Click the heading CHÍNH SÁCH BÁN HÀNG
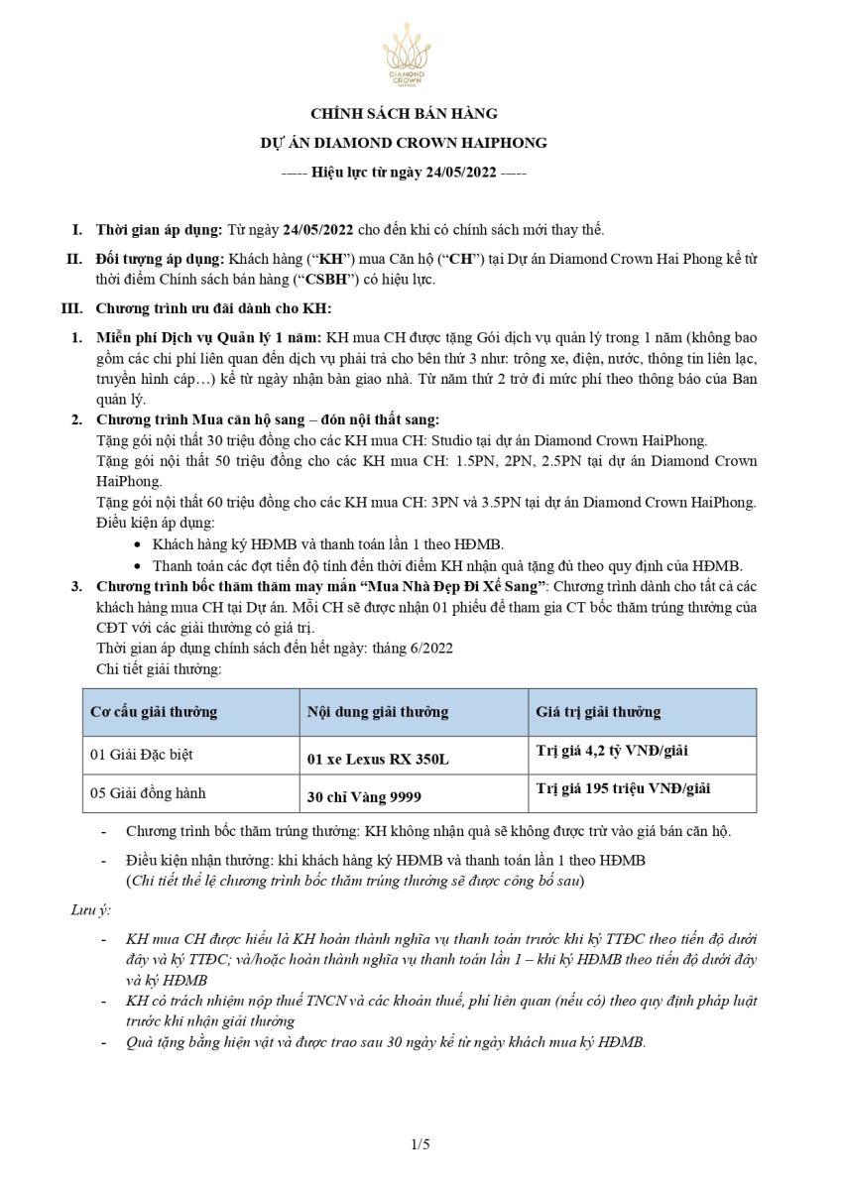click(404, 114)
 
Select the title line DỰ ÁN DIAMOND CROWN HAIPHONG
click(404, 143)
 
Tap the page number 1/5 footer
click(420, 1144)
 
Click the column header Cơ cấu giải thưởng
click(154, 712)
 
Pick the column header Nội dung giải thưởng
click(378, 712)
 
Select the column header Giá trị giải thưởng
click(598, 712)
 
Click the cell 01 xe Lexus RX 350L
click(378, 760)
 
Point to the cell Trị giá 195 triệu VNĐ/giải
click(623, 788)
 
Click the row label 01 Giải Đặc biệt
click(142, 755)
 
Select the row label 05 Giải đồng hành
click(149, 792)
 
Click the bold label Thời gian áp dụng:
click(159, 230)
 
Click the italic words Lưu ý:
click(90, 909)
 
